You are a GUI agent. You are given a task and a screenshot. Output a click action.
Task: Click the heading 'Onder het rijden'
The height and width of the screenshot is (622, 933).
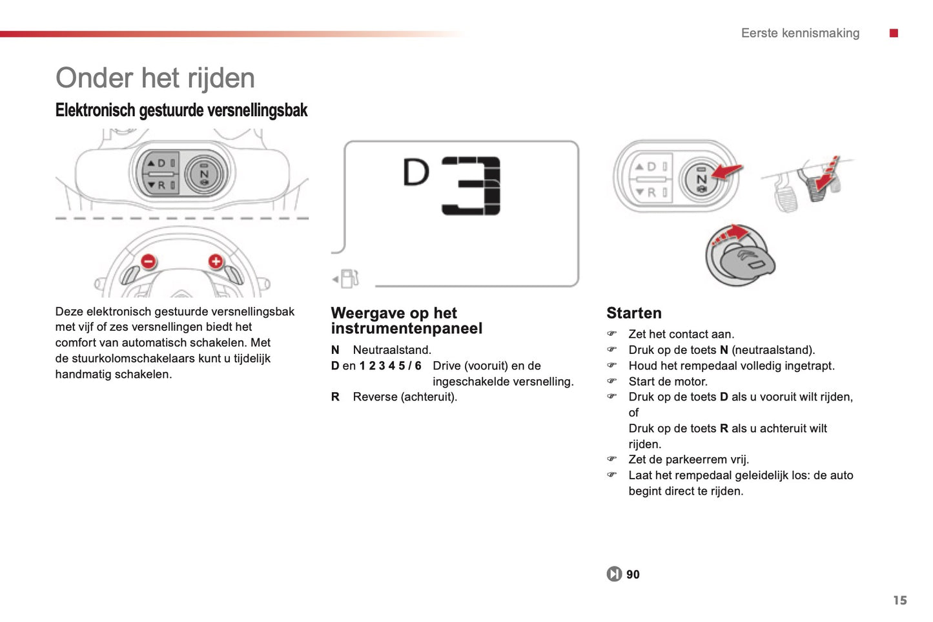pos(155,78)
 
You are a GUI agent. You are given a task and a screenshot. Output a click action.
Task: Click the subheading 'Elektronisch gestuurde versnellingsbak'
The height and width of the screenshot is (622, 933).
pos(181,110)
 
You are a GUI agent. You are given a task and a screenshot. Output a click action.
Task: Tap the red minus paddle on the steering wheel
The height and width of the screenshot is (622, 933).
pos(149,262)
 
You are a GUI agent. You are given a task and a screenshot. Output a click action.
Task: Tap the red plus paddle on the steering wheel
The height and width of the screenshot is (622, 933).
pos(216,261)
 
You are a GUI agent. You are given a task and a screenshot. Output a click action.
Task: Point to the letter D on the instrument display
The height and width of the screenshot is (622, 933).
pos(416,172)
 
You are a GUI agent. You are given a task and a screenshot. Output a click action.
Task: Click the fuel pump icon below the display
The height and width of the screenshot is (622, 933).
pos(349,279)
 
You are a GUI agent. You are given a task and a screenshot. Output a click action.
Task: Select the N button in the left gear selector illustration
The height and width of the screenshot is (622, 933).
pos(205,174)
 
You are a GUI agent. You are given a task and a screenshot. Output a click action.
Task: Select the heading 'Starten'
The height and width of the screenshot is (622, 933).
pos(633,313)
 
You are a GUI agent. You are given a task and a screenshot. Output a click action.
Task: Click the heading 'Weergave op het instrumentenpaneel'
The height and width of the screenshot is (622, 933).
pos(406,321)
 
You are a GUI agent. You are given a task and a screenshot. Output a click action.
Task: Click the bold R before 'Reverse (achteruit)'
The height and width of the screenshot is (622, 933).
pos(335,397)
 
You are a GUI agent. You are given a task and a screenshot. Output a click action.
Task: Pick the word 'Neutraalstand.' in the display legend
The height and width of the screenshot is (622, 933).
pos(392,350)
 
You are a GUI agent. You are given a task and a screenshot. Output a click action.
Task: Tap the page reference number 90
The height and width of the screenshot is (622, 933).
pos(633,574)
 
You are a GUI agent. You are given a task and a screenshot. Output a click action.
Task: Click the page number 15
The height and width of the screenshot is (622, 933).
pos(899,600)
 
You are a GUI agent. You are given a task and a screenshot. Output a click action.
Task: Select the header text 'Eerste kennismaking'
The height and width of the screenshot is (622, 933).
pos(800,33)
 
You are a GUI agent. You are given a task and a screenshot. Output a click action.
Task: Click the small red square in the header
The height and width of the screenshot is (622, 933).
pos(894,33)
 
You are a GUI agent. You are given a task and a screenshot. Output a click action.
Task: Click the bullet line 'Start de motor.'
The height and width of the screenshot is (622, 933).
pos(668,382)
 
